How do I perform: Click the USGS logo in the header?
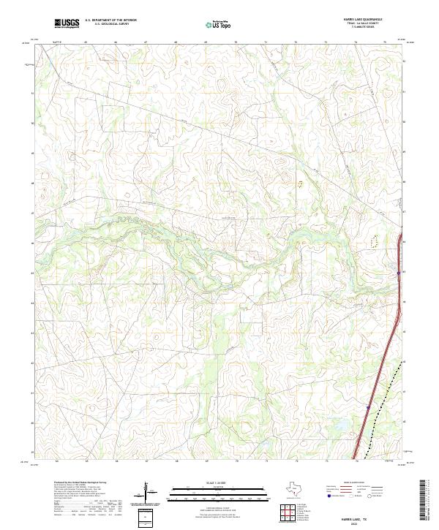[67, 23]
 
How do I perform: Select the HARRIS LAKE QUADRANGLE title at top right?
[361, 20]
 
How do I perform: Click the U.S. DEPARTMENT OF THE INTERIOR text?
[110, 20]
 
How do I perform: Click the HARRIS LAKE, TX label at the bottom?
[362, 516]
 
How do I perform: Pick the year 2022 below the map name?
[362, 522]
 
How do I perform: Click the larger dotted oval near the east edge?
[377, 241]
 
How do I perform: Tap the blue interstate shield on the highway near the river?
[399, 273]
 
